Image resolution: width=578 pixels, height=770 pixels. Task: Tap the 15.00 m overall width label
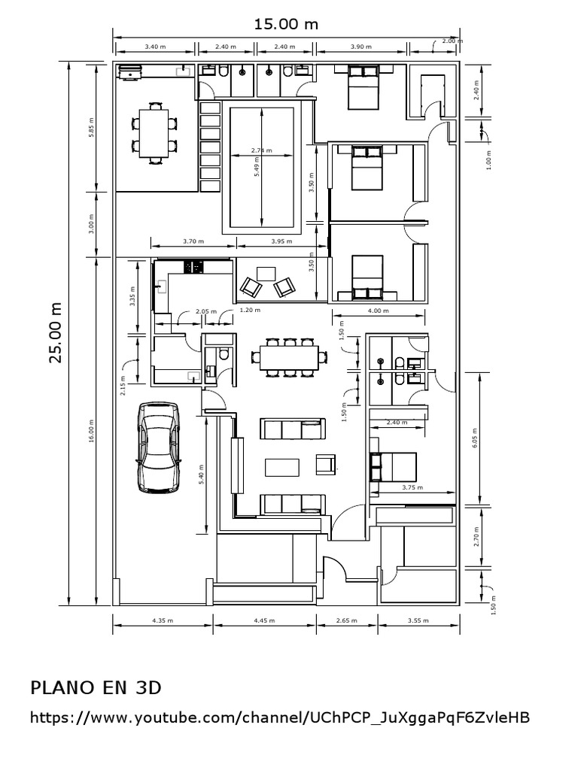click(x=285, y=24)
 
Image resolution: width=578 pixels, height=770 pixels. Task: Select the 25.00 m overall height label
click(x=55, y=332)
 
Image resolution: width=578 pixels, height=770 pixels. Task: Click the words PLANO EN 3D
click(x=96, y=687)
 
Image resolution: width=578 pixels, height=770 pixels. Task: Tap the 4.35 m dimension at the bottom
click(x=163, y=621)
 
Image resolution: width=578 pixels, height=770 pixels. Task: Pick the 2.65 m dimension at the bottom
click(x=345, y=621)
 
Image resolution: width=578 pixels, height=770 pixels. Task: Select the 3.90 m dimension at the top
click(x=361, y=47)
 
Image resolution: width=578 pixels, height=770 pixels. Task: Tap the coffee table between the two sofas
click(x=281, y=467)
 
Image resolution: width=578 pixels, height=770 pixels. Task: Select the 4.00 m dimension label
click(x=378, y=310)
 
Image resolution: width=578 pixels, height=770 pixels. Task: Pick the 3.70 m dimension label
click(x=193, y=241)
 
